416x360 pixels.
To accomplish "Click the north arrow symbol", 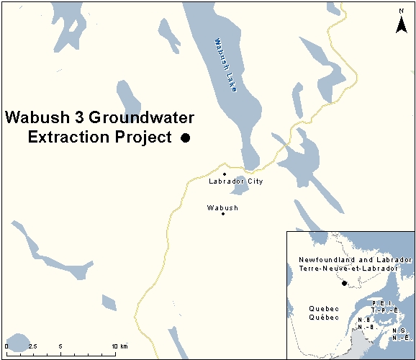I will click(x=402, y=22).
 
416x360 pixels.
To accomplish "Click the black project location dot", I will click(x=185, y=138).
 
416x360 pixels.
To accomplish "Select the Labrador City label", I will click(x=235, y=181).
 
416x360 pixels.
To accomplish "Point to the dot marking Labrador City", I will click(x=225, y=174).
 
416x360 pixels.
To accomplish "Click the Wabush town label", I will click(x=222, y=207).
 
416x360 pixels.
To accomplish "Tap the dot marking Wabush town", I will click(x=223, y=214).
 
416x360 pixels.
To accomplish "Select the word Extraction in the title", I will click(x=66, y=137).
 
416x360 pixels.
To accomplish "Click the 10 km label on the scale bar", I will click(x=119, y=346).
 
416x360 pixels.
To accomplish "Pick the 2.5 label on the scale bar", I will click(x=33, y=346).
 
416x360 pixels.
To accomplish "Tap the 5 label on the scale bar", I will click(x=60, y=346).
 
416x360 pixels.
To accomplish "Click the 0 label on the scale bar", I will click(x=6, y=346).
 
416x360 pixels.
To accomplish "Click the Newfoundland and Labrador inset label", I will click(x=355, y=259).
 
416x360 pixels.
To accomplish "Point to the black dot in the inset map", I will click(x=344, y=283).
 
